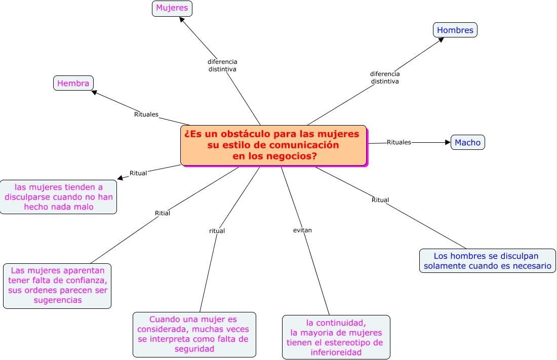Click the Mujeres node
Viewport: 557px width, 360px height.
172,8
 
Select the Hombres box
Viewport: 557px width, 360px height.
455,30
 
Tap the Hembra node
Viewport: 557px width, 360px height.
73,83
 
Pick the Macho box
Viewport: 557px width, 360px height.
467,142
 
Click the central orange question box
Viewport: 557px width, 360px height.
273,145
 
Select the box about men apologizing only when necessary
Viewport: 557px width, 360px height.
487,261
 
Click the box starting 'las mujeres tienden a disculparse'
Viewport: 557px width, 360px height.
58,197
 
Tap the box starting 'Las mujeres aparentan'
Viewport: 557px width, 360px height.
57,286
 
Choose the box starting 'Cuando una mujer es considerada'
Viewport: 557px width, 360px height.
194,334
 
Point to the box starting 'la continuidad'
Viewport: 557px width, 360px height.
336,337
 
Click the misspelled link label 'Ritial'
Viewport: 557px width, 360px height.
163,213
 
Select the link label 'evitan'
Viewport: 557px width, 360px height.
302,230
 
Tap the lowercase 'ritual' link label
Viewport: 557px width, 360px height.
217,231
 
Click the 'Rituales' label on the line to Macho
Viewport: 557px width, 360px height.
399,142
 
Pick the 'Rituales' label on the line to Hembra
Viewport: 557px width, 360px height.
146,114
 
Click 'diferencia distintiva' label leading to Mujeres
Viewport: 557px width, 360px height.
222,65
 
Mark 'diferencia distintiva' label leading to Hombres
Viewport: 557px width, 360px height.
385,77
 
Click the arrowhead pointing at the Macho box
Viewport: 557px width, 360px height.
448,142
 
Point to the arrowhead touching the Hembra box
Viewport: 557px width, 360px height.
94,92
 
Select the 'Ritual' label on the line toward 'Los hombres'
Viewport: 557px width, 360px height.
380,200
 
